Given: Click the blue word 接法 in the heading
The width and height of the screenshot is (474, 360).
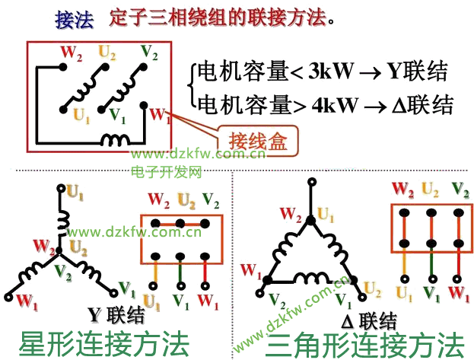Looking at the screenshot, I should click(x=75, y=19).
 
